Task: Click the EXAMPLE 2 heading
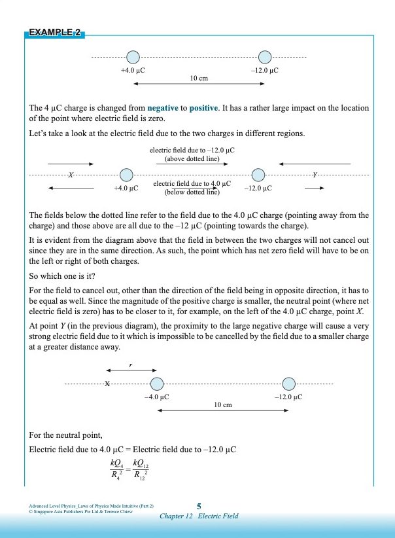pyautogui.click(x=56, y=33)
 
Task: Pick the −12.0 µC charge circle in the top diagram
pyautogui.click(x=265, y=57)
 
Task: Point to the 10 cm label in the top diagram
pyautogui.click(x=199, y=78)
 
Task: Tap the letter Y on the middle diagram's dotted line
pyautogui.click(x=316, y=175)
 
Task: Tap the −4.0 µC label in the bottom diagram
pyautogui.click(x=156, y=397)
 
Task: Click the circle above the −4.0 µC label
pyautogui.click(x=156, y=384)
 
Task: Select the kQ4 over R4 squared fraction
pyautogui.click(x=118, y=470)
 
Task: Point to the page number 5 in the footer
pyautogui.click(x=199, y=506)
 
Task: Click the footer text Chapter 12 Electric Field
pyautogui.click(x=199, y=516)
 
